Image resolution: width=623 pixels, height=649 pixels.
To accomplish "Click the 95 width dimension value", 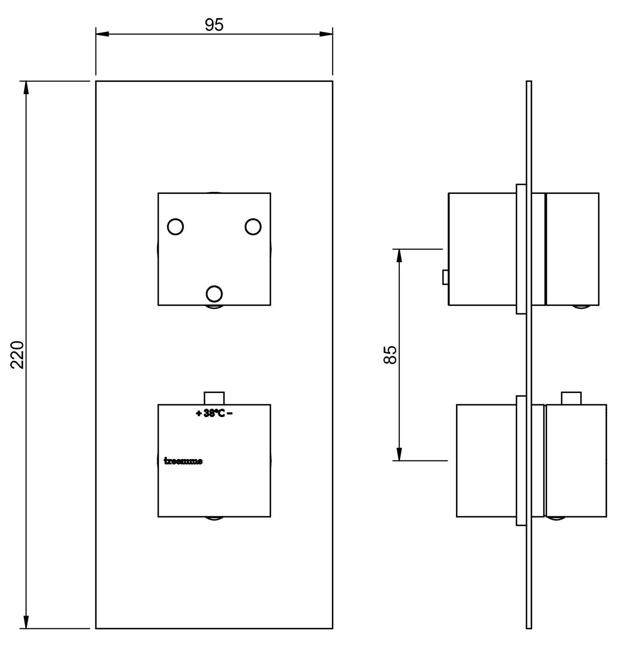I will tap(214, 25).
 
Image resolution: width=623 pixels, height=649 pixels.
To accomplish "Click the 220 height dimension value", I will tap(17, 355).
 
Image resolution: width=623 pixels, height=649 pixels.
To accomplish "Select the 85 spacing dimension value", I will tap(390, 355).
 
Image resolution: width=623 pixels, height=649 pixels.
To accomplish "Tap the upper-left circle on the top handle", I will tap(175, 227).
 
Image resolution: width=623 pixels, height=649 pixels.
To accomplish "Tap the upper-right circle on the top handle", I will tap(253, 227).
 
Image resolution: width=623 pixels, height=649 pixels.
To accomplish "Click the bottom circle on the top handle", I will tap(214, 293).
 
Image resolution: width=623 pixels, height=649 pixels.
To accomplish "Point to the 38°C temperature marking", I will tap(214, 413).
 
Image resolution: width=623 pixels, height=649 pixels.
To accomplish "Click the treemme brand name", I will tap(183, 461).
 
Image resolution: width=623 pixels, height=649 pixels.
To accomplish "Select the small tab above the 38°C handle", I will tap(214, 398).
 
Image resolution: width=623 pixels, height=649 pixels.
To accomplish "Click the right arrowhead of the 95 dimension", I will tap(326, 34).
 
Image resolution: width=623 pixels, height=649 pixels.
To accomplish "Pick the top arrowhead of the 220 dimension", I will tap(26, 87).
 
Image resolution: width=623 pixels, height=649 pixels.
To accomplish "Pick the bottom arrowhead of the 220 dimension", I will tap(26, 622).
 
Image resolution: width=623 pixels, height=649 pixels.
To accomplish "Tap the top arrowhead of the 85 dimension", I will tap(399, 256).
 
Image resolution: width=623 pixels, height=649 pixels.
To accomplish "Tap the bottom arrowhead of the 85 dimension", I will tap(399, 454).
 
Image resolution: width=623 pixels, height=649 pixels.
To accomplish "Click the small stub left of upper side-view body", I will tap(445, 277).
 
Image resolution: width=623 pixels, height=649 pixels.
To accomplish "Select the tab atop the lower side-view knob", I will tap(571, 398).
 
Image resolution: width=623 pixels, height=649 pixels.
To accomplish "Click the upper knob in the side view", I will tap(572, 249).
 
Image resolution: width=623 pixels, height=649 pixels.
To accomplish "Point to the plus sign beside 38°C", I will tap(199, 413).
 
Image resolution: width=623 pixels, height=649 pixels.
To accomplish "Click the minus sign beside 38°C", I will tap(230, 413).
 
